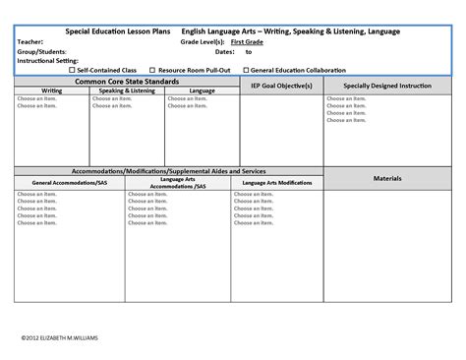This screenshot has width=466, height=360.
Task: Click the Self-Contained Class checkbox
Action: [73, 70]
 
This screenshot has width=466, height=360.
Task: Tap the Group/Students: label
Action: [41, 52]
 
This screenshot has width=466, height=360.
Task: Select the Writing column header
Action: [51, 90]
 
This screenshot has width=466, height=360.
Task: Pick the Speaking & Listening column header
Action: [127, 90]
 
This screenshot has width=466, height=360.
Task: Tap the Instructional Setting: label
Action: [45, 61]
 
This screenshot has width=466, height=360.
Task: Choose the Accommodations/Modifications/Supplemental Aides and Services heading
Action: [169, 171]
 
